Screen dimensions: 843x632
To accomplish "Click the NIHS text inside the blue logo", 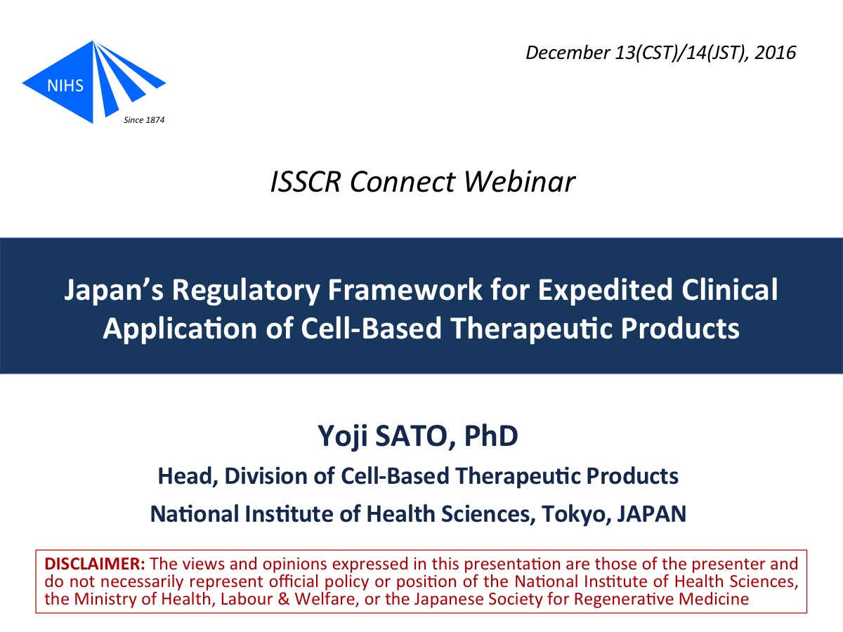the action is (x=65, y=86).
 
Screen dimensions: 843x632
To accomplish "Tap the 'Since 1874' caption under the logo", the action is (x=144, y=120).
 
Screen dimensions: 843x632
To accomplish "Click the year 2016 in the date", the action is (x=775, y=53).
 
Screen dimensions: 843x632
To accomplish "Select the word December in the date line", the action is (x=568, y=53).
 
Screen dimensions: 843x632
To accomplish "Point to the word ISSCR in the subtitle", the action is (x=306, y=181).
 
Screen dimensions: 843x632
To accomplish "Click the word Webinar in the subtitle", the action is (x=520, y=181).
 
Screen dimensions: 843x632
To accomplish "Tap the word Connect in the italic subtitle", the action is (x=403, y=181).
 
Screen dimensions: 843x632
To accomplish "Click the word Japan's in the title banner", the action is (x=114, y=291).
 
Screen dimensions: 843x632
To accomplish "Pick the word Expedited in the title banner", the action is (x=605, y=291).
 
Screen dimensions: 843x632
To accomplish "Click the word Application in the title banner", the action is (x=180, y=329).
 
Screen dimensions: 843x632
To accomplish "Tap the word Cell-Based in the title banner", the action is (x=371, y=329).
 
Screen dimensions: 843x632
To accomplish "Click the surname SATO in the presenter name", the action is (x=416, y=436).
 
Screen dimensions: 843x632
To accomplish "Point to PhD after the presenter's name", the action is (x=491, y=435).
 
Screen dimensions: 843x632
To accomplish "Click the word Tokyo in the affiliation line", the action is (x=577, y=515).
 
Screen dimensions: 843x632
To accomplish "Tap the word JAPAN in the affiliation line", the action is (x=652, y=514).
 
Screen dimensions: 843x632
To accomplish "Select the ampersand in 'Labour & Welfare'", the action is (x=283, y=599).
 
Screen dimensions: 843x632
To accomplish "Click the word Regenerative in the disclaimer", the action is (x=623, y=599).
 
